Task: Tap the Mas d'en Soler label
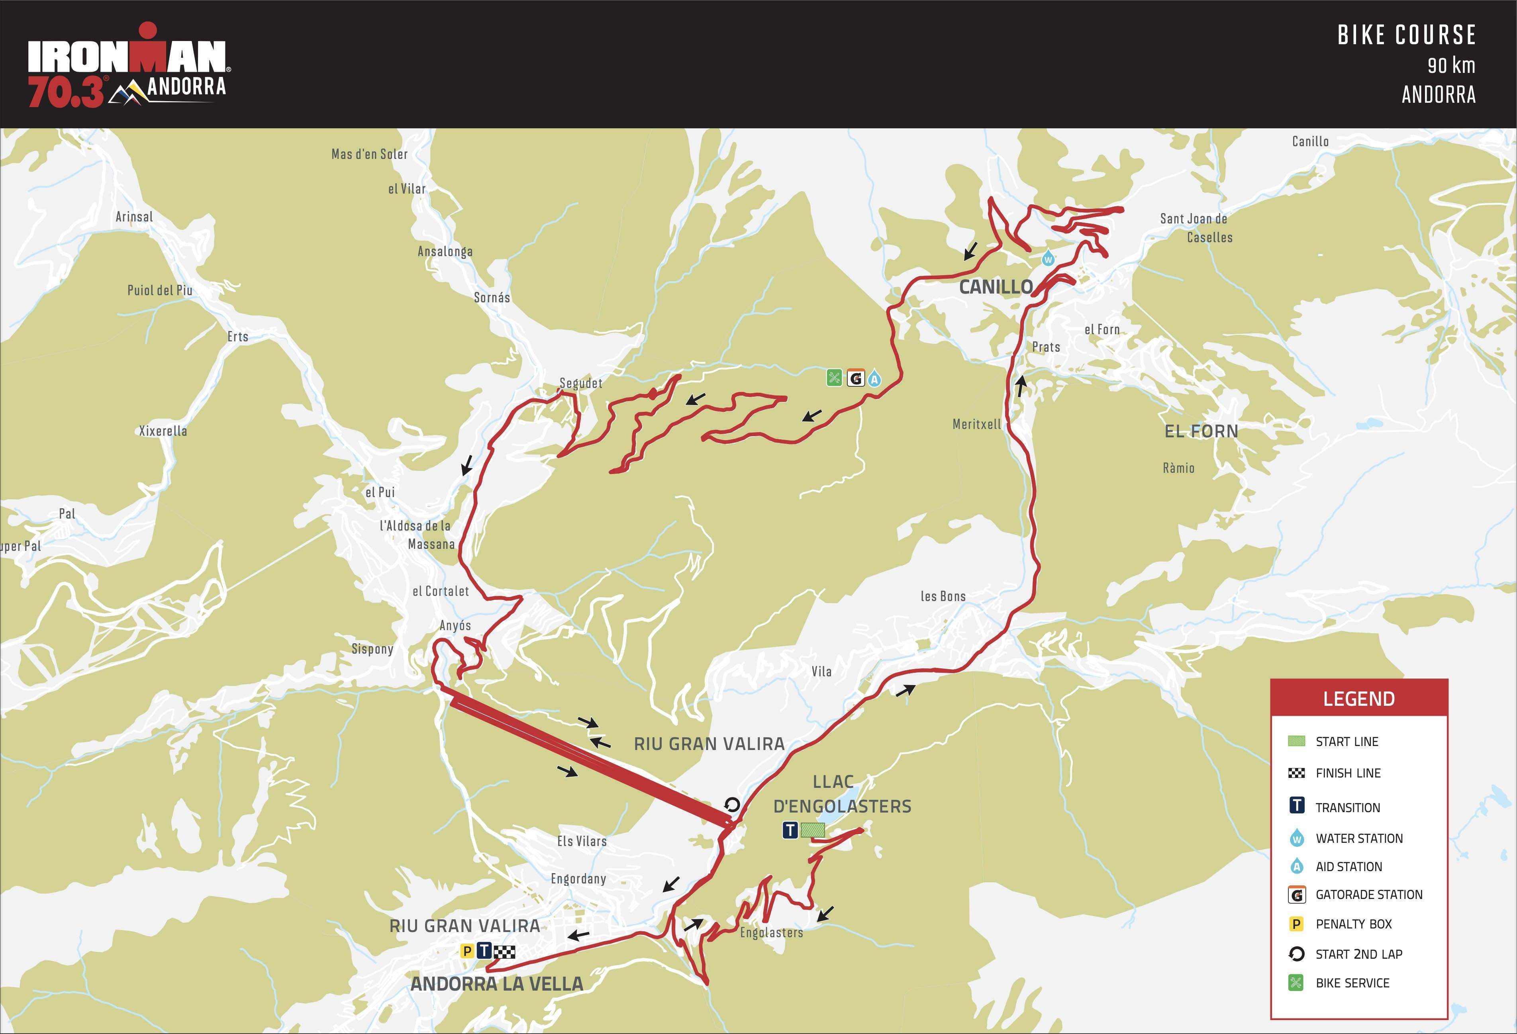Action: (369, 154)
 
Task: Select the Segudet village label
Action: (580, 383)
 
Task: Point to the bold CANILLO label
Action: (996, 286)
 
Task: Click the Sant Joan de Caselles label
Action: (1196, 228)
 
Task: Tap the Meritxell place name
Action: (976, 424)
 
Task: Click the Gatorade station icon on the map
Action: (855, 378)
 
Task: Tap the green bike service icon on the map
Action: (834, 378)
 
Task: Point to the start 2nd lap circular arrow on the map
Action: (732, 804)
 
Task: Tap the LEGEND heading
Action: (1358, 699)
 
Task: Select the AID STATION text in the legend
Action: (1348, 866)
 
